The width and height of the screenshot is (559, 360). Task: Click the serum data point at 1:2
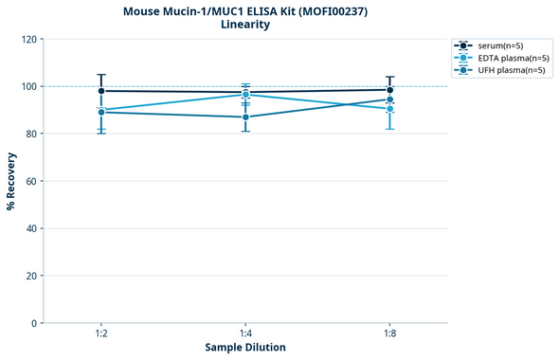[101, 91]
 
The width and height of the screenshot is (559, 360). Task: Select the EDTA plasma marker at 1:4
[245, 95]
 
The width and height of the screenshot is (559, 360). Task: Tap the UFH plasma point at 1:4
[245, 117]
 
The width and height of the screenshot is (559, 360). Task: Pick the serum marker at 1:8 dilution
[390, 90]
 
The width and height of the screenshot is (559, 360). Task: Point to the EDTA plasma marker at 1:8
[390, 109]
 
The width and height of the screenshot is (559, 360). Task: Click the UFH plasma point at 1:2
[101, 112]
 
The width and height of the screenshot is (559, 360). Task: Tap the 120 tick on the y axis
[29, 40]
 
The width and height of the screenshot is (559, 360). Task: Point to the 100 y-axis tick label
[29, 87]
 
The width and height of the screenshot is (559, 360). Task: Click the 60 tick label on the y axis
[32, 181]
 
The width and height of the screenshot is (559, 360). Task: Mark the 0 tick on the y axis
[35, 323]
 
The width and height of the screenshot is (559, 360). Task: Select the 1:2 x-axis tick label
[101, 334]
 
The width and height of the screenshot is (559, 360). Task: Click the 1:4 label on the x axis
[245, 334]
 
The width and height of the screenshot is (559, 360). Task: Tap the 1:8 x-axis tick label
[390, 334]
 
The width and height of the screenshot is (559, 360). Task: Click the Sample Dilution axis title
[245, 348]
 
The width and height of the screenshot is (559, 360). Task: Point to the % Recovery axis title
[11, 181]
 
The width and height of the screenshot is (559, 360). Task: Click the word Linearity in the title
[245, 25]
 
